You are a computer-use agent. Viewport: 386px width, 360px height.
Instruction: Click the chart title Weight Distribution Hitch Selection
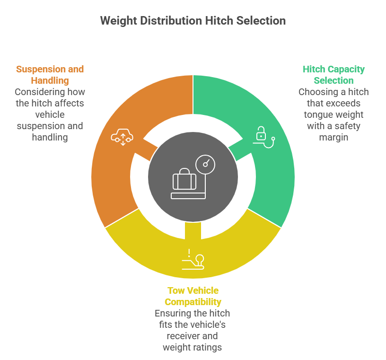[193, 21]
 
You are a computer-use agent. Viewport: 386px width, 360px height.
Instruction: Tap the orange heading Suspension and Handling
[50, 75]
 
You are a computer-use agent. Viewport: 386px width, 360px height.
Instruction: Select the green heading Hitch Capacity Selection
[333, 75]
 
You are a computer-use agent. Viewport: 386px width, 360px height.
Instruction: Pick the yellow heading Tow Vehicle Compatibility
[193, 296]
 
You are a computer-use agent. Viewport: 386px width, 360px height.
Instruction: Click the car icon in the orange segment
[122, 137]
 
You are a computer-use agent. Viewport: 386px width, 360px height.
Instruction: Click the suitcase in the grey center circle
[184, 179]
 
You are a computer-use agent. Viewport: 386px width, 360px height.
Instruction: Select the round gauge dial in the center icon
[205, 165]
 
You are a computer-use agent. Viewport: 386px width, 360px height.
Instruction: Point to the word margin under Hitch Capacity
[333, 137]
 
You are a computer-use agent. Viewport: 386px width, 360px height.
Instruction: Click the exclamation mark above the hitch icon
[189, 253]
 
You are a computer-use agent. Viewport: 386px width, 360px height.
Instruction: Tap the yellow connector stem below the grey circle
[193, 230]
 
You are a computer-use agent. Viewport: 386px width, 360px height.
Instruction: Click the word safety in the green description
[347, 126]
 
